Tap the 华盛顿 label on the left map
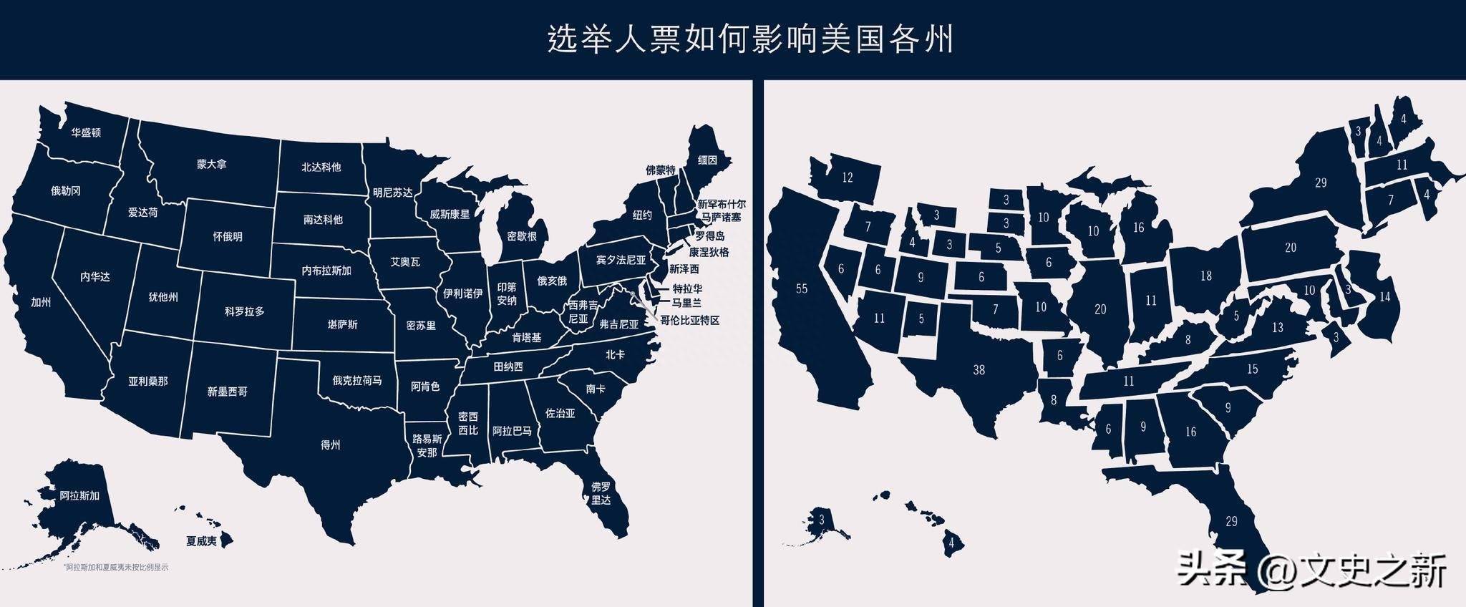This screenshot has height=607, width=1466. tap(86, 133)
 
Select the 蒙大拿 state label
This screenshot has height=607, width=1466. tap(212, 164)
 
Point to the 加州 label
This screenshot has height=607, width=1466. tap(41, 302)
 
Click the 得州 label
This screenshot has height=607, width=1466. tap(330, 445)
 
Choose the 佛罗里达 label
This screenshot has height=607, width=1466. tap(601, 493)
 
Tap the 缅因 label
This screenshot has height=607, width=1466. tap(707, 160)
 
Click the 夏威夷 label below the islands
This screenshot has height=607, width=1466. tap(201, 541)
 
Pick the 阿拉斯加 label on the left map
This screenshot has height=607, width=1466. tap(79, 495)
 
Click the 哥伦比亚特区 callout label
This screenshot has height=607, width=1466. tap(689, 320)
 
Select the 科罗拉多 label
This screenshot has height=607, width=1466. tap(245, 312)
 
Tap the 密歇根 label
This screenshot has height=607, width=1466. tap(522, 235)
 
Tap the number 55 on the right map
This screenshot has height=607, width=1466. tap(802, 288)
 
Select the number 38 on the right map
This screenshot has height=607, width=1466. tap(979, 370)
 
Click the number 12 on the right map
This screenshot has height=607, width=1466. tap(848, 178)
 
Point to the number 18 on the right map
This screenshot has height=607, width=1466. tap(1206, 276)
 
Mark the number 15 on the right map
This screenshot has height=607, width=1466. tap(1252, 369)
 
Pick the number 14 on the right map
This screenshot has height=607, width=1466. tap(1384, 296)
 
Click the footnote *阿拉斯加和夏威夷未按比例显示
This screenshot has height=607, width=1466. tap(116, 568)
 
